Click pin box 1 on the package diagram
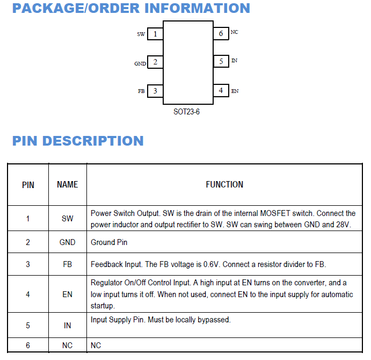pos(155,34)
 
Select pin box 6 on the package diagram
pos(221,33)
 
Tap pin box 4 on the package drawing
pos(221,90)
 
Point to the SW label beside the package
pos(141,34)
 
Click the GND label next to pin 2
pos(140,63)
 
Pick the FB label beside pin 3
pos(141,91)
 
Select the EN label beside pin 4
pos(235,91)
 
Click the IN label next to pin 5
pos(234,61)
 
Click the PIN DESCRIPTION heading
pos(78,141)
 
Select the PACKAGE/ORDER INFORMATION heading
pos(131,9)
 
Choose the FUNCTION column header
pos(224,184)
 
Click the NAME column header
pos(67,184)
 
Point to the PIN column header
pos(28,185)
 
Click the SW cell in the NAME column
pos(67,219)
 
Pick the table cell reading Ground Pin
pos(109,242)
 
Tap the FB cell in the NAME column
pos(67,264)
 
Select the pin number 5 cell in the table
pos(28,326)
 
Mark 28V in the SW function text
pos(343,225)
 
